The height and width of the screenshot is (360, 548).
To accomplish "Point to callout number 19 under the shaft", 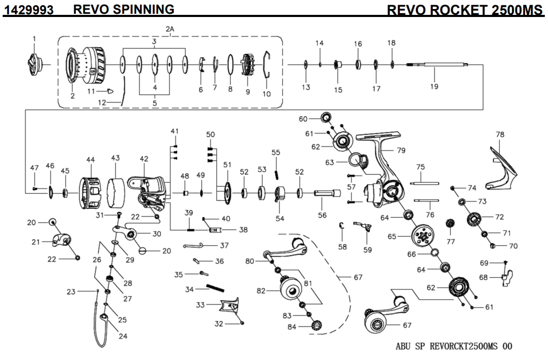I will [x=434, y=87].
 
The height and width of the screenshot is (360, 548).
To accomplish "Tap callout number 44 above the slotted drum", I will [x=91, y=159].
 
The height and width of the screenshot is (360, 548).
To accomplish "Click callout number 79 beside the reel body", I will [x=401, y=150].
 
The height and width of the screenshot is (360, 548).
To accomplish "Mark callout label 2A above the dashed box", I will [x=170, y=28].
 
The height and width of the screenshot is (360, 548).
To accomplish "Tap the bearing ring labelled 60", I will [x=325, y=117].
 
